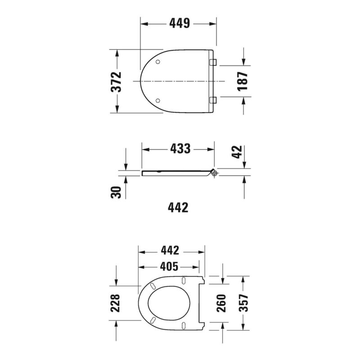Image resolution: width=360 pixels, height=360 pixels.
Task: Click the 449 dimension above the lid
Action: pos(180,23)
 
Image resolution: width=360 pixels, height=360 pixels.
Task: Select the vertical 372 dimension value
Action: pos(116,82)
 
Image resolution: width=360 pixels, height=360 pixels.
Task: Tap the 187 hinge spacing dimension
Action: pos(243,81)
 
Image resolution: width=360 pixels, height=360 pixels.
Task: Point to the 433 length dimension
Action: pos(180,149)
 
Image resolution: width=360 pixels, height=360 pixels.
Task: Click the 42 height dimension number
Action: pos(237,152)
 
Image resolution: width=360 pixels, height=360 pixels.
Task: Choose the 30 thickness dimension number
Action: pos(116,192)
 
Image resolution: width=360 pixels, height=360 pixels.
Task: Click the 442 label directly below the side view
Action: pos(178,207)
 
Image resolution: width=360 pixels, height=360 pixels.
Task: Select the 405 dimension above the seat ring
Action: pos(169,266)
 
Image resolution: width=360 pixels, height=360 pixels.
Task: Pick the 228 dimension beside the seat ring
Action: pos(115,303)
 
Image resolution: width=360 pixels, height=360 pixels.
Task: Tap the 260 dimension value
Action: pos(221,303)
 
